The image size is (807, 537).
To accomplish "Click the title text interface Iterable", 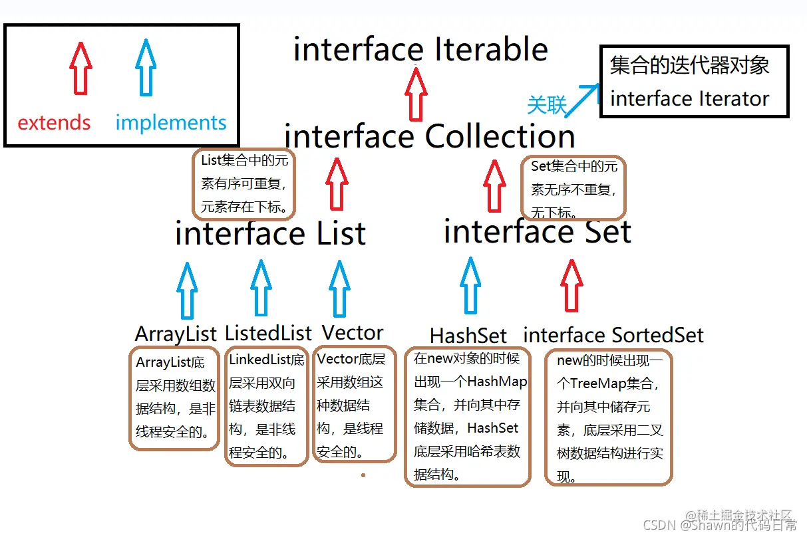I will [x=420, y=50].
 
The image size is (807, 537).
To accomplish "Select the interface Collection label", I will [x=430, y=137].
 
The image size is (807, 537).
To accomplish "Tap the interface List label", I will [x=270, y=234].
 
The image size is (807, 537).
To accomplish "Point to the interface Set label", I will [x=537, y=232].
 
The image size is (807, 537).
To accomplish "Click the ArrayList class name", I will [x=176, y=334].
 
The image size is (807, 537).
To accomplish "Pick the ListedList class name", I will [x=268, y=333].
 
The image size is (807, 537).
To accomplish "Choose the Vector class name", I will [x=353, y=332].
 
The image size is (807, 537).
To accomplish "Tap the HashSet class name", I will [x=468, y=335].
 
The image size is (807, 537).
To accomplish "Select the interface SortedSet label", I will [x=613, y=335].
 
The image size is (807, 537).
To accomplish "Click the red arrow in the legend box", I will [x=80, y=68].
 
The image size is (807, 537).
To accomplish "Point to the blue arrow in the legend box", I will [x=146, y=68].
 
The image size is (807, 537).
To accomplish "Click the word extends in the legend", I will [x=54, y=123].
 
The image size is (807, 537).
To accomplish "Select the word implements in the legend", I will [x=171, y=123].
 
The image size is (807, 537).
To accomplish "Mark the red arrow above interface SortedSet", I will [x=571, y=286].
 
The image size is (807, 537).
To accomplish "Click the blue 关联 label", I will [x=546, y=105].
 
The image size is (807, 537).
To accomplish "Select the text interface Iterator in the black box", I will [x=689, y=99].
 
